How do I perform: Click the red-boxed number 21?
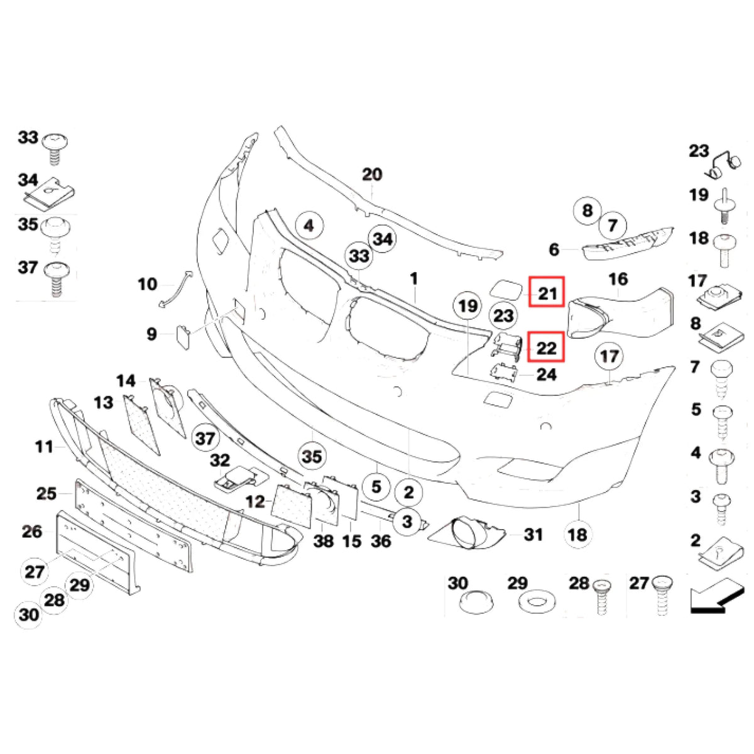coord(546,292)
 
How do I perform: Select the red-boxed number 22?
coord(546,347)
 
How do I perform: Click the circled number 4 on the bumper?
coord(309,226)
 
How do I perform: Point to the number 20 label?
coord(372,174)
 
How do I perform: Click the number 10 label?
coord(148,284)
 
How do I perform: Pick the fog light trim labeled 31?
coord(466,534)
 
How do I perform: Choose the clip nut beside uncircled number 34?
coord(50,193)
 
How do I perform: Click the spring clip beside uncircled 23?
coord(723,165)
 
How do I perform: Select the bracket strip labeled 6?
coord(628,241)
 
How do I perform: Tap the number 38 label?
coord(324,542)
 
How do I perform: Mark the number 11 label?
coord(43,447)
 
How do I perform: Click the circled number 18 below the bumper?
coord(578,535)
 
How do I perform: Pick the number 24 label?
coord(547,374)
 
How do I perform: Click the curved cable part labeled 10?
coord(175,288)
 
